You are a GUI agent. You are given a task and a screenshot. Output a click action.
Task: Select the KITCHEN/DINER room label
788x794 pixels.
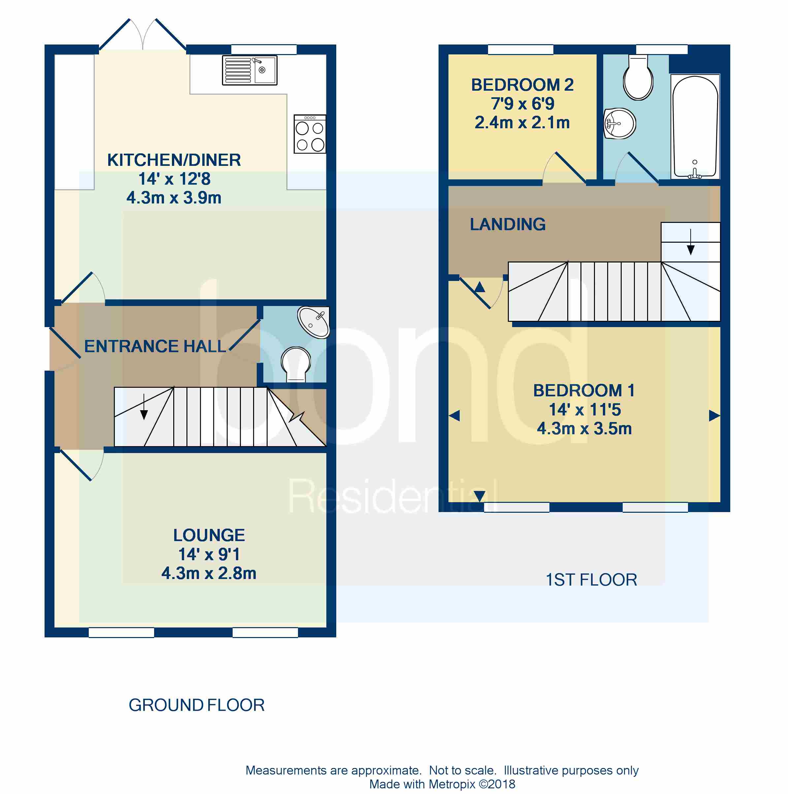coord(174,160)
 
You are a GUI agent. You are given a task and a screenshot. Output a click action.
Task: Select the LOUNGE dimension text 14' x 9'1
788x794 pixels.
coord(209,554)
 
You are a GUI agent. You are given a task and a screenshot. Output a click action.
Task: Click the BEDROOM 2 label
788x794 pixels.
coord(522,85)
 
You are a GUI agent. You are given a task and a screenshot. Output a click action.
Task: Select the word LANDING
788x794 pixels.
coord(508,225)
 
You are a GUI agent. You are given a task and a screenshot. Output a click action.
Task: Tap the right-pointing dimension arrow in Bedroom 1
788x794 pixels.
coord(714,416)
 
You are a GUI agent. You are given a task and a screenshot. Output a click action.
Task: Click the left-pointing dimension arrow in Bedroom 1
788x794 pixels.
coord(454,416)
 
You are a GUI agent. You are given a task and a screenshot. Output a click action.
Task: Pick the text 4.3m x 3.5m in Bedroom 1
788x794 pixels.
coord(584,429)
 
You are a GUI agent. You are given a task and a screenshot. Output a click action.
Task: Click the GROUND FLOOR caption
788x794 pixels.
coord(196,705)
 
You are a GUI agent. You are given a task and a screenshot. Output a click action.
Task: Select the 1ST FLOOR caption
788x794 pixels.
coord(591,580)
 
